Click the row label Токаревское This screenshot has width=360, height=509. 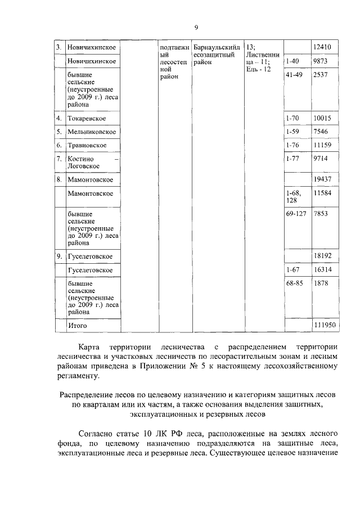(x=86, y=119)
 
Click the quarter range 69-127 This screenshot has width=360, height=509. (x=296, y=214)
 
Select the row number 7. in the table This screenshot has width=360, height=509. (x=58, y=159)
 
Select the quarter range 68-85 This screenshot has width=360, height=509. (x=294, y=283)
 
